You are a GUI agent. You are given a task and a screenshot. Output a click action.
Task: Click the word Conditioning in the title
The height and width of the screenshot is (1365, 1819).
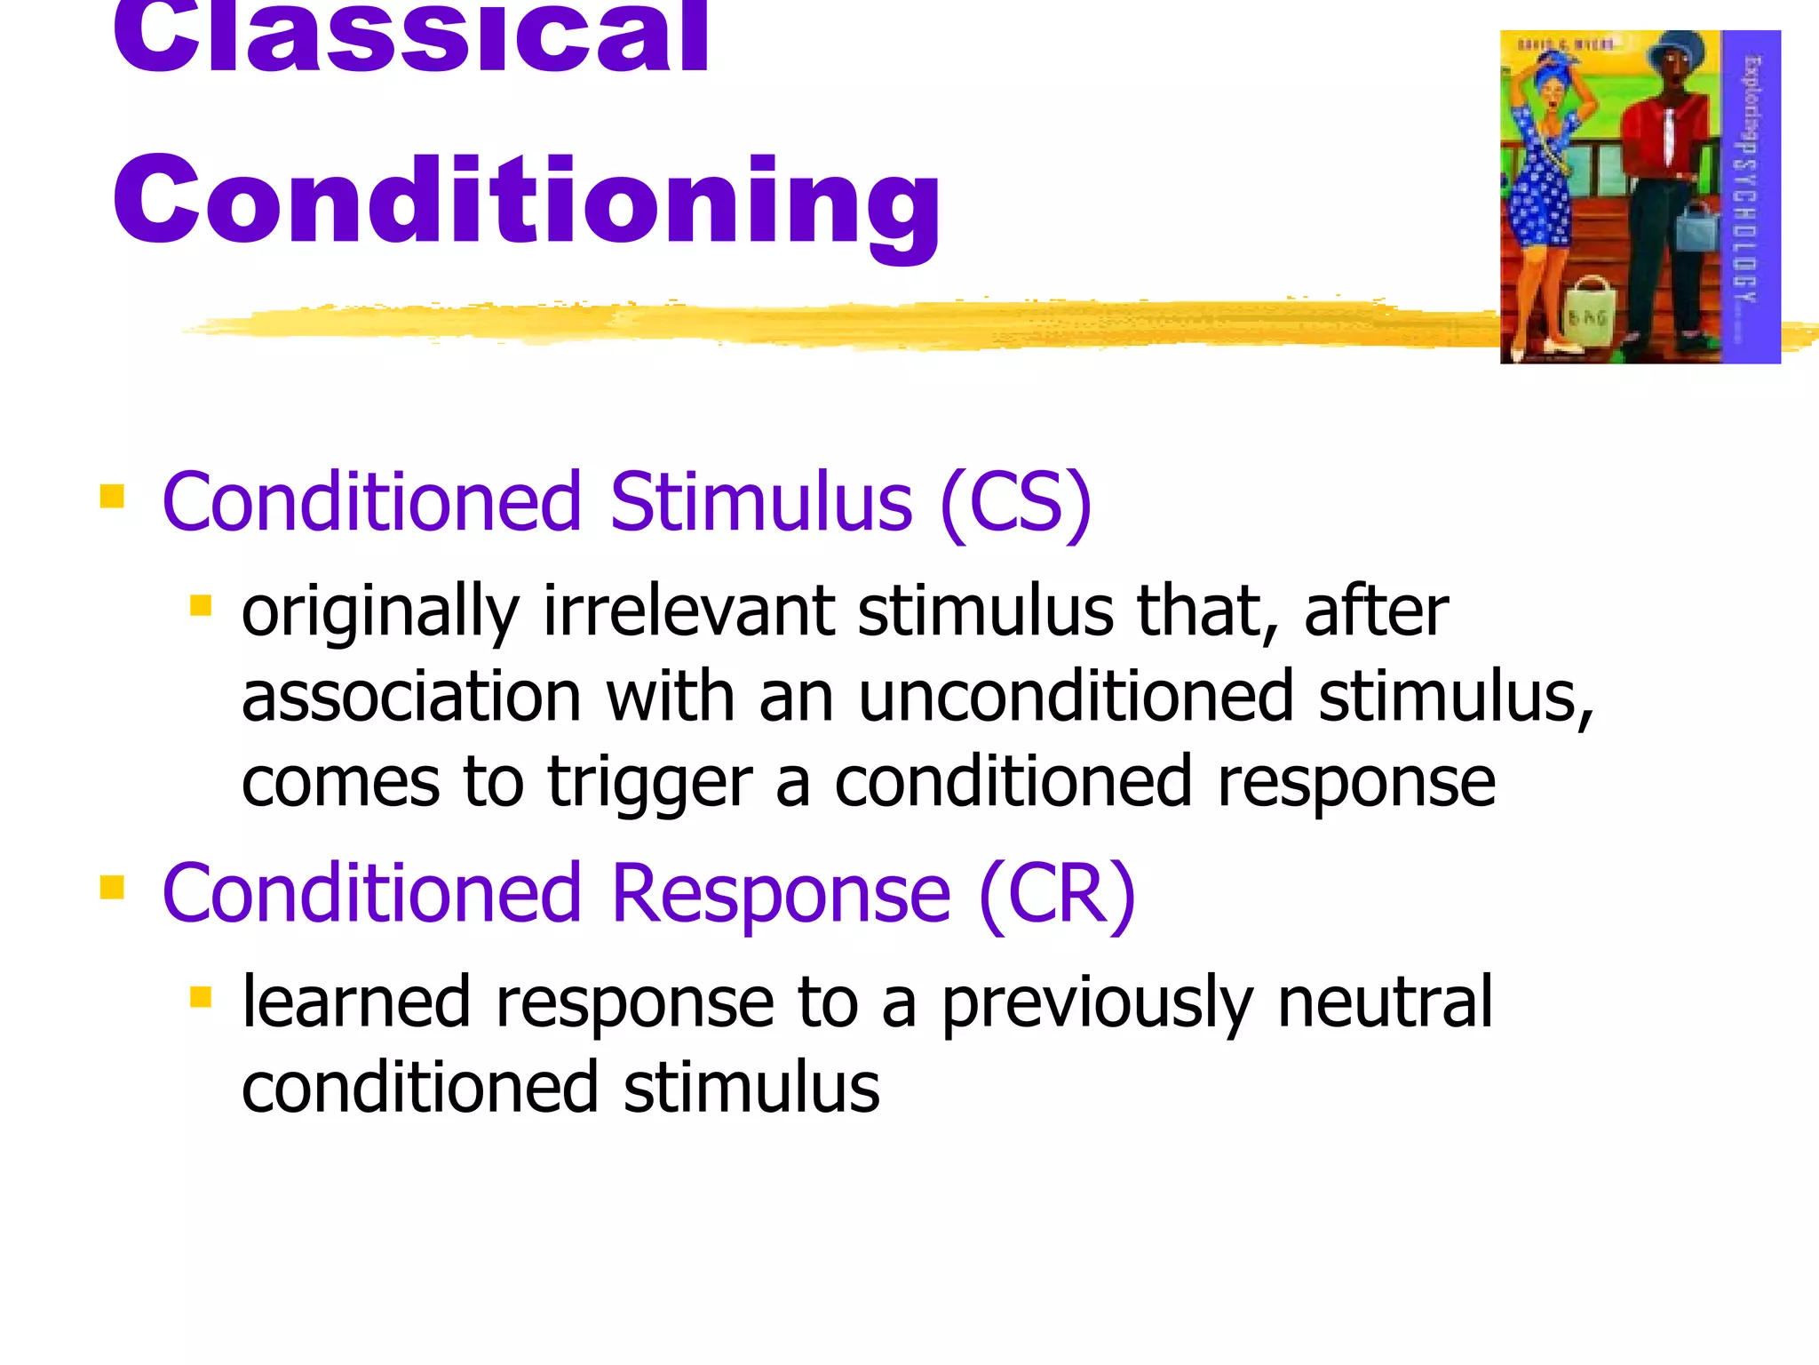(x=526, y=200)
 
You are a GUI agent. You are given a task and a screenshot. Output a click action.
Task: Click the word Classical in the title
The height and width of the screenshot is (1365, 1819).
(x=410, y=36)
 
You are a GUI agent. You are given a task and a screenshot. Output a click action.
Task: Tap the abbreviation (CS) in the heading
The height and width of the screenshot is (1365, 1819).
(x=1015, y=502)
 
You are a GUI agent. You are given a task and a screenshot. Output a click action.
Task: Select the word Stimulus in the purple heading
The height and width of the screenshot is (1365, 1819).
(x=761, y=502)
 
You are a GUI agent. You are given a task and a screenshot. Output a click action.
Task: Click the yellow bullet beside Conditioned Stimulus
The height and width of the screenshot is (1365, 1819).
(x=112, y=496)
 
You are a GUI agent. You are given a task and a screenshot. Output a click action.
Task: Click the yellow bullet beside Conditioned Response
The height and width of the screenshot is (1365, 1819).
(x=112, y=887)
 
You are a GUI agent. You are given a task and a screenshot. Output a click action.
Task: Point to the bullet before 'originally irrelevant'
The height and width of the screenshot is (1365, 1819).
(x=201, y=606)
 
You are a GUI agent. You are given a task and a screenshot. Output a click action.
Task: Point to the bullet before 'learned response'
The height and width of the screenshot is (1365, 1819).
(x=201, y=997)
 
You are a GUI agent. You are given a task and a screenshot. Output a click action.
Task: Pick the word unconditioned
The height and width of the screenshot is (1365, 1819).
(x=1076, y=697)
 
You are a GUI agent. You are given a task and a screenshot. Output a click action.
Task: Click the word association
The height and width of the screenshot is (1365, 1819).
(x=411, y=697)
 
